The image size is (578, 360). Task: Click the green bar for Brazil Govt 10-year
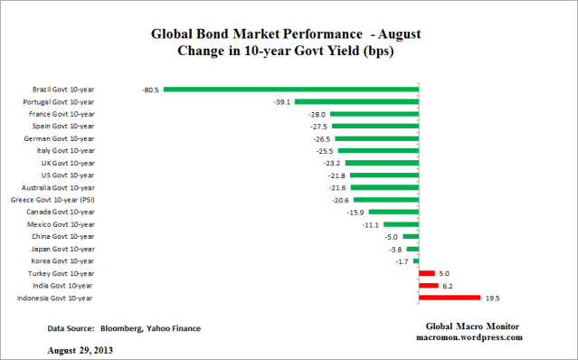(x=289, y=90)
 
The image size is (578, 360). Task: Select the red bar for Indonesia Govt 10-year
(x=449, y=297)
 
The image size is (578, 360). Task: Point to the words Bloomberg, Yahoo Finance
(x=152, y=327)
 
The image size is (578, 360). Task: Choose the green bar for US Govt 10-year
(x=384, y=175)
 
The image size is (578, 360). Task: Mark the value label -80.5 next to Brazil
(x=150, y=90)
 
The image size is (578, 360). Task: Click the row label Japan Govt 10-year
(x=63, y=248)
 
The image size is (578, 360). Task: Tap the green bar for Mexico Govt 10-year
(x=401, y=223)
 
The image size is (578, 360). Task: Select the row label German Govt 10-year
(x=62, y=138)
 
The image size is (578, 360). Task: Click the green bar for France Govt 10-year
(x=374, y=114)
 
